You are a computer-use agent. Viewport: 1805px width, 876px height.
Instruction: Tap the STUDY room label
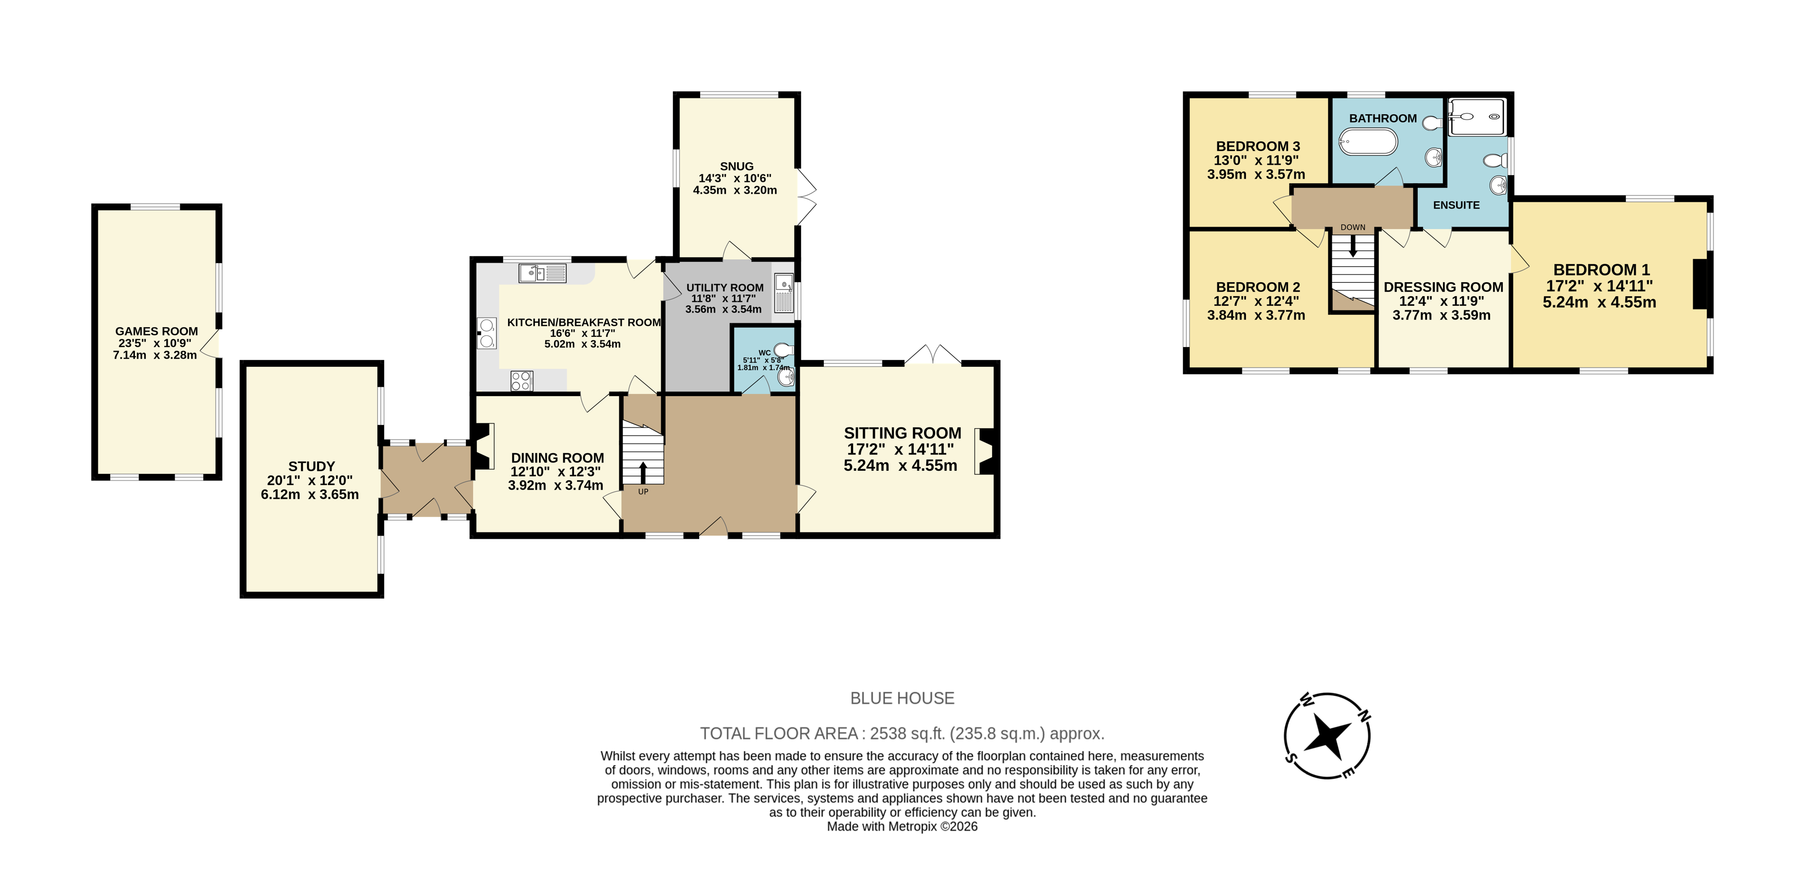point(311,466)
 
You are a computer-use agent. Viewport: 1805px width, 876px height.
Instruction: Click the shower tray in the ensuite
point(1477,117)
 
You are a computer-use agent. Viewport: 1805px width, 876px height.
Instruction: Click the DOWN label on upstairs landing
point(1352,227)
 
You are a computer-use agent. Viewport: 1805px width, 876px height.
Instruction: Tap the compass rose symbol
point(1327,736)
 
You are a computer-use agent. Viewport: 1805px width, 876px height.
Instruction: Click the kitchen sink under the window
point(542,272)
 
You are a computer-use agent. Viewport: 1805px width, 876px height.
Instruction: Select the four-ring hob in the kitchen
point(522,381)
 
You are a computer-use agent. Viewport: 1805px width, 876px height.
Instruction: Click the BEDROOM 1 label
point(1601,270)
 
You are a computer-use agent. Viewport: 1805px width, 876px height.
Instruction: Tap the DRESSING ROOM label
point(1443,287)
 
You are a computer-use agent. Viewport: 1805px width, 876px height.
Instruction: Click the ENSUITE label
point(1456,205)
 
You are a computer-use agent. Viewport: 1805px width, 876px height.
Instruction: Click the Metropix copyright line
point(902,826)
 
